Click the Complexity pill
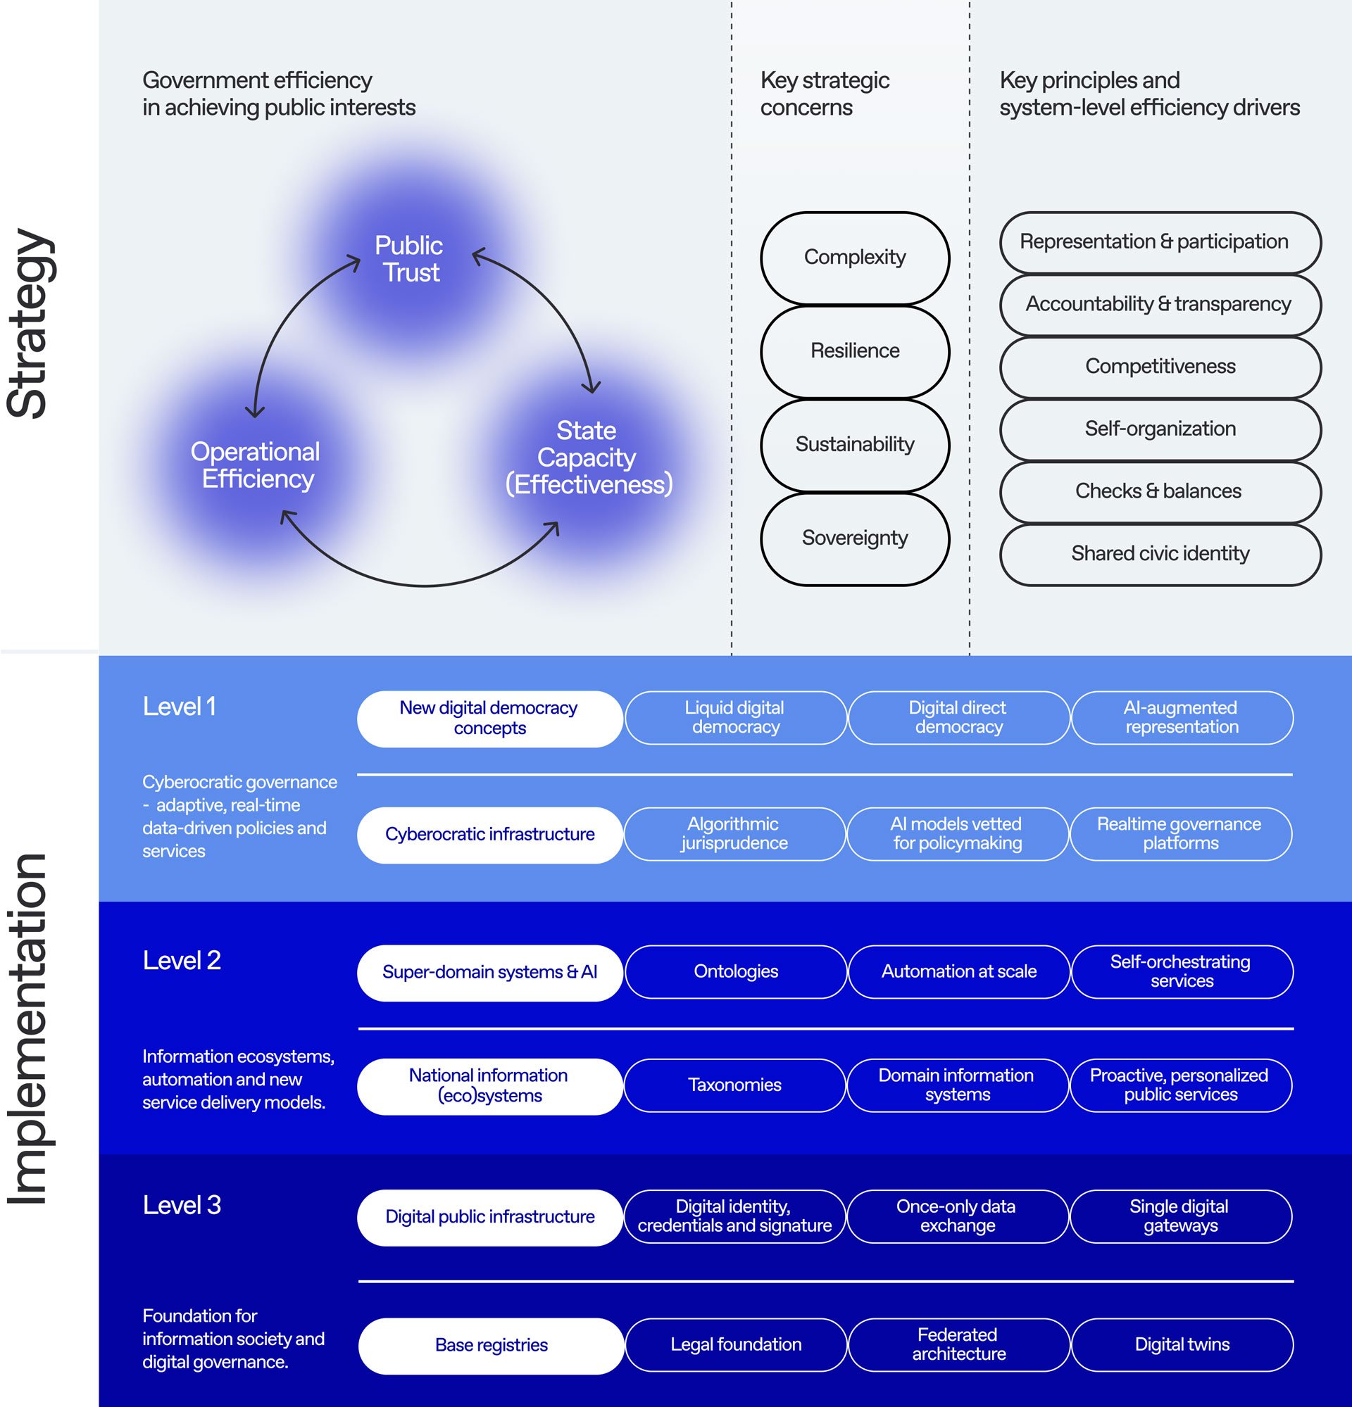[x=854, y=258]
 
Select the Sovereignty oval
[x=854, y=538]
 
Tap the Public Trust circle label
[x=409, y=259]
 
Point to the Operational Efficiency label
[x=256, y=465]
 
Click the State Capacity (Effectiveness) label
[x=588, y=458]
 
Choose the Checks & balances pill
[x=1160, y=492]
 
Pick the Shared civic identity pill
[x=1160, y=553]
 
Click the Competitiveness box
[x=1160, y=367]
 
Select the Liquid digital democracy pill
[x=735, y=717]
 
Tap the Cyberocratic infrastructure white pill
[x=489, y=834]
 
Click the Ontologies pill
[x=735, y=971]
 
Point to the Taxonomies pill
[x=734, y=1085]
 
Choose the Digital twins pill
[x=1182, y=1344]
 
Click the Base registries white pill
[x=491, y=1345]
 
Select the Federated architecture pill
[x=958, y=1344]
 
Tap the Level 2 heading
[x=182, y=961]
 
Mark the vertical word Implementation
[x=29, y=1028]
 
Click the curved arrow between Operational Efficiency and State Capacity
[x=424, y=584]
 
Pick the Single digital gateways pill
[x=1180, y=1216]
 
